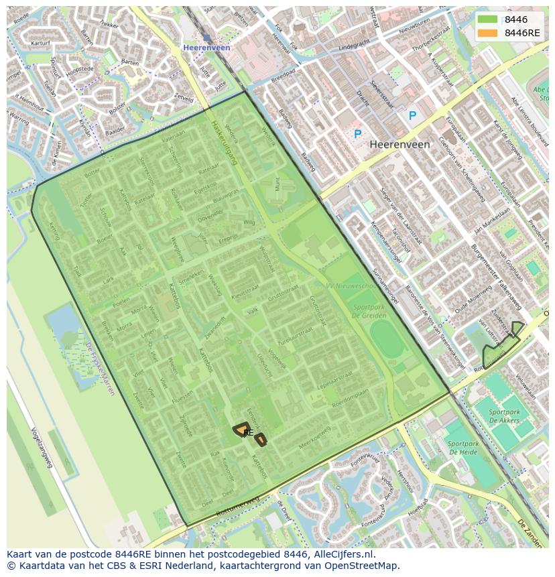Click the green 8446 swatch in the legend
tap(487, 19)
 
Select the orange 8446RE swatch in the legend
tap(487, 33)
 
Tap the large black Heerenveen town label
tap(399, 144)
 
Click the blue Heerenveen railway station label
tap(206, 48)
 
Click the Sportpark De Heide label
tap(462, 448)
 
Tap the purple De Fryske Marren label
tap(99, 368)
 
